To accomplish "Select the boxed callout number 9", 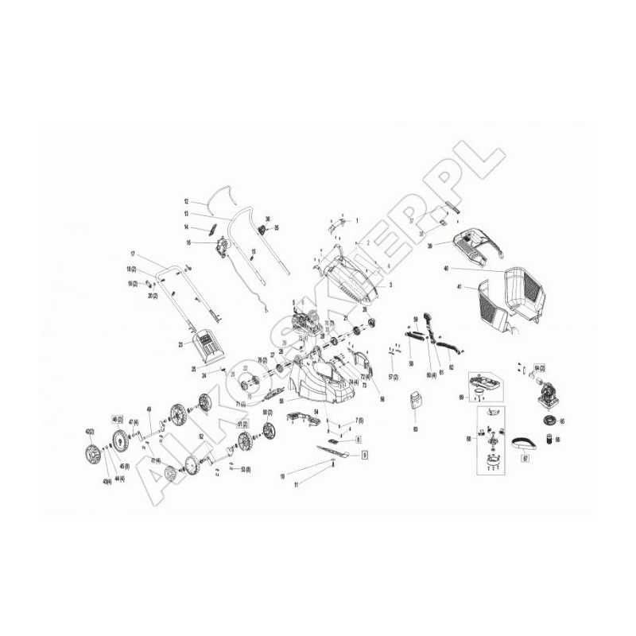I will tap(364, 456).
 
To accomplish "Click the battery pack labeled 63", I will tap(414, 402).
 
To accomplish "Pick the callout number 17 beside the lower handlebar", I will tap(134, 253).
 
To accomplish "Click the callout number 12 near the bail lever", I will tap(186, 201).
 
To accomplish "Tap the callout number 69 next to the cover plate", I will tap(461, 396).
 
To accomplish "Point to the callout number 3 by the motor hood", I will tap(390, 285).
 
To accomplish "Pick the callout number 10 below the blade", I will tap(281, 475).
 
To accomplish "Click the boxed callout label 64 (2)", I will tap(540, 366).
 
